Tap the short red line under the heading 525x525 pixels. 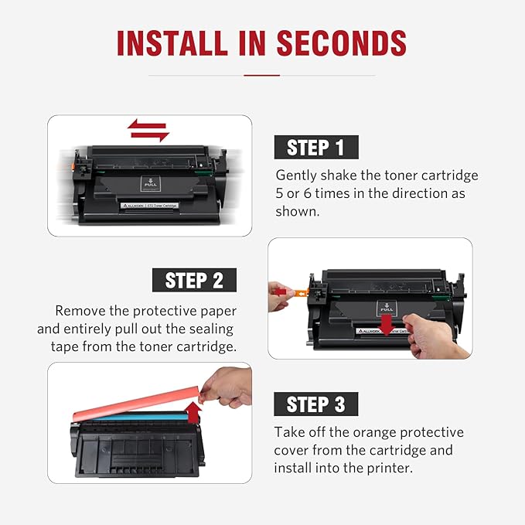pyautogui.click(x=261, y=75)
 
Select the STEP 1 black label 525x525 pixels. pyautogui.click(x=315, y=147)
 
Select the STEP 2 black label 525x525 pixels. pyautogui.click(x=194, y=279)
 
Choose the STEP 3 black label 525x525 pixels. pyautogui.click(x=315, y=404)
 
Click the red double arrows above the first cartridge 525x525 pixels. pyautogui.click(x=148, y=130)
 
